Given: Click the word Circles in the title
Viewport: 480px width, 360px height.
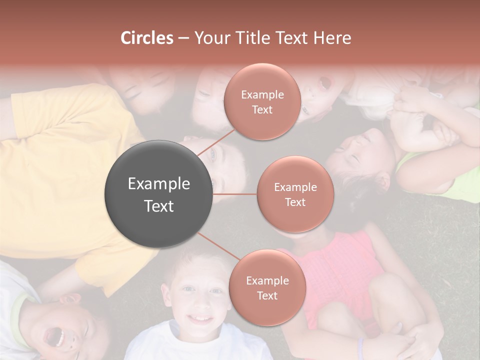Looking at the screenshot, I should click(x=146, y=38).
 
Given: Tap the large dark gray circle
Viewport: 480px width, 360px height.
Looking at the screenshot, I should click(x=159, y=194).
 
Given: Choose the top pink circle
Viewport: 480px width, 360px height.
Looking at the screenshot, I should click(x=262, y=102).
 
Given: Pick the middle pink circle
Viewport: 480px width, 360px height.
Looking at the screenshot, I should click(x=295, y=194).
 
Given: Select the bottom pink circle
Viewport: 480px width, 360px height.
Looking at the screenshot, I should click(x=267, y=287).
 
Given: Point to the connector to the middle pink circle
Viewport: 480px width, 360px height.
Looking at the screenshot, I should click(x=235, y=194).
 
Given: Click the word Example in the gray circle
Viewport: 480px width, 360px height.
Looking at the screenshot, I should click(x=159, y=183).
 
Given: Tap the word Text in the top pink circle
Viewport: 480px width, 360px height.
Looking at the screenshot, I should click(x=262, y=110).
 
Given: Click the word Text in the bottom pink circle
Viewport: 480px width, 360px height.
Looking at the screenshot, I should click(x=267, y=295).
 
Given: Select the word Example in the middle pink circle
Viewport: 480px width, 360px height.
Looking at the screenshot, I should click(x=295, y=187).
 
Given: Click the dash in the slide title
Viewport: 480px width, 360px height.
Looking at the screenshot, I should click(x=183, y=38).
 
